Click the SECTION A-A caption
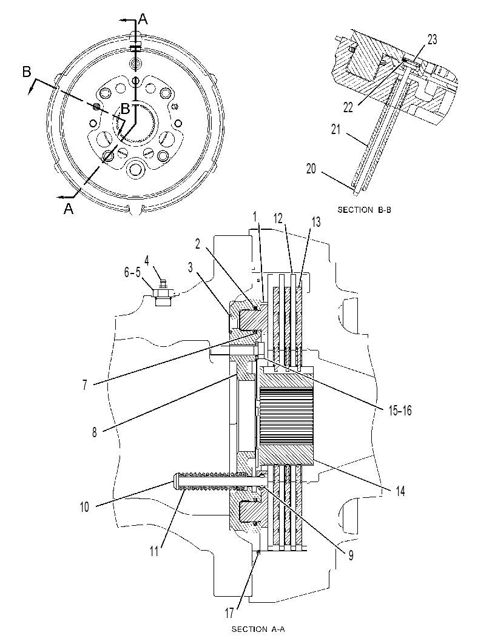coord(258,629)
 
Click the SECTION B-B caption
coord(364,210)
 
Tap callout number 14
coord(400,491)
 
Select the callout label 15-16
coord(400,411)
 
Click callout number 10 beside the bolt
coord(84,508)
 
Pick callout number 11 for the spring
coord(153,551)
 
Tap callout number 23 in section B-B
coord(432,39)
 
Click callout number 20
coord(311,169)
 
